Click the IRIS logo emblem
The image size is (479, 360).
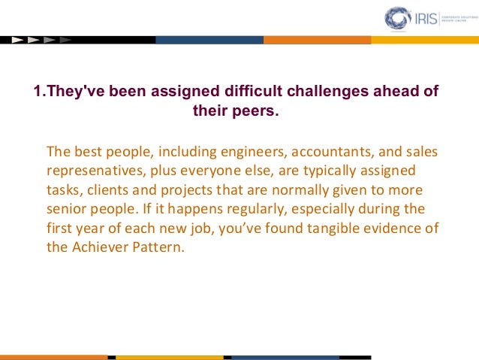(x=397, y=18)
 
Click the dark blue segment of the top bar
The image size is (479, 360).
(x=209, y=39)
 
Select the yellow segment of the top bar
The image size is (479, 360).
(x=425, y=39)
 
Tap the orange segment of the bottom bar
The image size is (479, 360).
(x=53, y=357)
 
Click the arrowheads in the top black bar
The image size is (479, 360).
(x=41, y=39)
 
